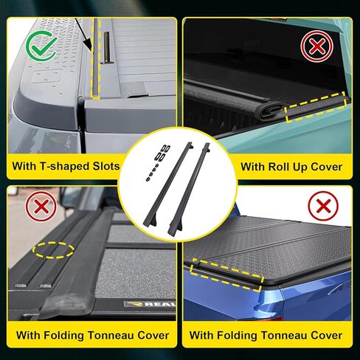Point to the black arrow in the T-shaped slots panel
(x=90, y=44)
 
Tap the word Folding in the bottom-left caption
(x=67, y=336)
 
